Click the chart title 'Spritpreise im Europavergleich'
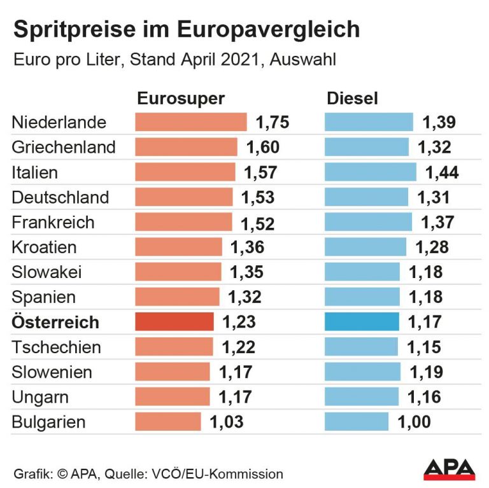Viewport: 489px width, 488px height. pyautogui.click(x=186, y=30)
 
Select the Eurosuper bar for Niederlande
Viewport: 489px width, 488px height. pyautogui.click(x=190, y=122)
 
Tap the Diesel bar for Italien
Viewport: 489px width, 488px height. pyautogui.click(x=371, y=172)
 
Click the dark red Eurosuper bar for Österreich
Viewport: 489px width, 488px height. pyautogui.click(x=174, y=322)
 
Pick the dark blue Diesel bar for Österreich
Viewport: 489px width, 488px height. pyautogui.click(x=362, y=322)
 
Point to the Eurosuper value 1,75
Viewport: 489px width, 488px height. pyautogui.click(x=272, y=122)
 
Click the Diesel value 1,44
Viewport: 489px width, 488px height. pyautogui.click(x=442, y=172)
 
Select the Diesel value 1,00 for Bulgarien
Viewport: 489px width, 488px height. pyautogui.click(x=414, y=421)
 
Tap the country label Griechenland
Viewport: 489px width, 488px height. pyautogui.click(x=64, y=148)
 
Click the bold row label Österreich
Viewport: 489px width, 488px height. pyautogui.click(x=55, y=322)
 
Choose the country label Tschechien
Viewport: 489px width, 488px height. pyautogui.click(x=56, y=347)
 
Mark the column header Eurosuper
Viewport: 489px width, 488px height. pyautogui.click(x=181, y=99)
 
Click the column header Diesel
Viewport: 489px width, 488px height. pyautogui.click(x=352, y=99)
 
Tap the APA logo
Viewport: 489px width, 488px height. pyautogui.click(x=450, y=469)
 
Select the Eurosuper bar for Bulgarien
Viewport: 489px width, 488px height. pyautogui.click(x=167, y=421)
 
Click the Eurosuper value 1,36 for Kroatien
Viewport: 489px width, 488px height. pyautogui.click(x=247, y=247)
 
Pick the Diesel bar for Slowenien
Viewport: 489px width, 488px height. pyautogui.click(x=362, y=372)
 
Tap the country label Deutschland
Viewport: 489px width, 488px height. pyautogui.click(x=60, y=197)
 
